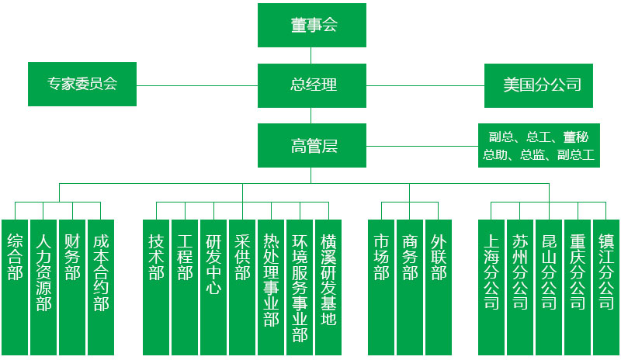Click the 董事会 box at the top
pyautogui.click(x=311, y=26)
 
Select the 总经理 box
pyautogui.click(x=311, y=85)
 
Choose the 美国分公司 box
pyautogui.click(x=539, y=85)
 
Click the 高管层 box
pyautogui.click(x=311, y=145)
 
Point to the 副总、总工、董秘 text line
pyautogui.click(x=539, y=137)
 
